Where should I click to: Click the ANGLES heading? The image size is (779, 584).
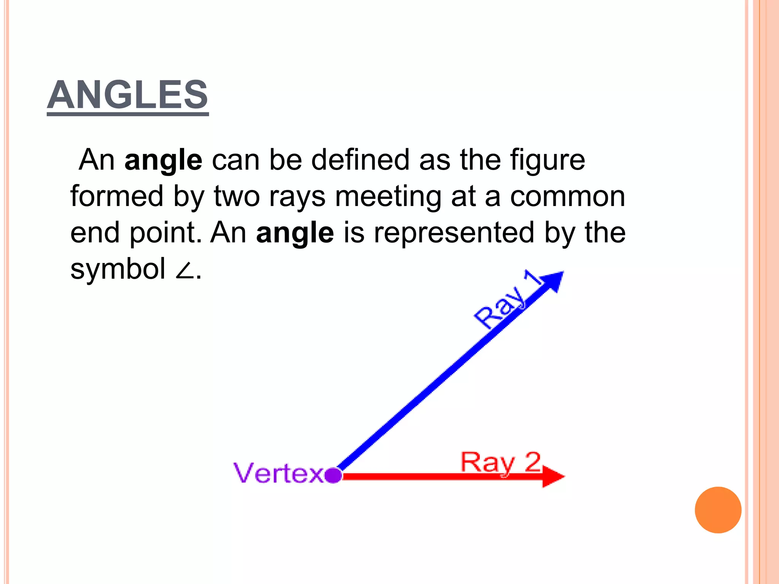(x=127, y=95)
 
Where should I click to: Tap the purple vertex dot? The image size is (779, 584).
(x=334, y=475)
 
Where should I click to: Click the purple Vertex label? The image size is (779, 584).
(x=278, y=473)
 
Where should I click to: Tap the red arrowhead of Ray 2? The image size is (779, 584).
(x=553, y=476)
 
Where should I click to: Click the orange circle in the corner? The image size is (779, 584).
(x=718, y=510)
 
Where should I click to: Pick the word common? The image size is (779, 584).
(x=567, y=197)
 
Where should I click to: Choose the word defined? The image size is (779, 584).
(x=361, y=160)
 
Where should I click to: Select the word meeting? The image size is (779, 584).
(x=388, y=197)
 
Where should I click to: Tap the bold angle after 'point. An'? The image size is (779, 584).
(x=295, y=233)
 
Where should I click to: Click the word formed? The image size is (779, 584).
(x=117, y=196)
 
